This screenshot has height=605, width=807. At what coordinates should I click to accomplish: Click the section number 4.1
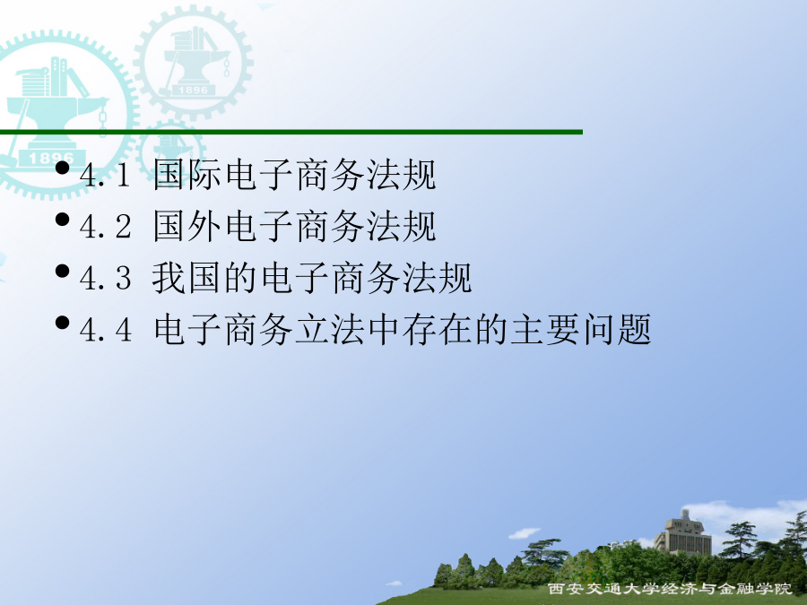[105, 176]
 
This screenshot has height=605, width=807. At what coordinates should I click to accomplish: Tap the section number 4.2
[105, 227]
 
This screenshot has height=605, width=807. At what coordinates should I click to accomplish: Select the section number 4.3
[105, 278]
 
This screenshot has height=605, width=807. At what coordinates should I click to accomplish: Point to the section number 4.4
[105, 329]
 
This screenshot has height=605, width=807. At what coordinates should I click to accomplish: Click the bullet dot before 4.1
[62, 168]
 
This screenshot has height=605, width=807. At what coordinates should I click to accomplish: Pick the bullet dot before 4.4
[62, 323]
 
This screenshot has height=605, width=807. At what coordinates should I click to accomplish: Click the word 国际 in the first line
[187, 175]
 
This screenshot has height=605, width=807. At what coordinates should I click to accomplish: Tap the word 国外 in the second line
[187, 227]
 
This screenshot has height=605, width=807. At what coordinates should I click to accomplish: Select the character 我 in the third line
[169, 278]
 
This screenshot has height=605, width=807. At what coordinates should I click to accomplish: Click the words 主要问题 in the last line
[581, 329]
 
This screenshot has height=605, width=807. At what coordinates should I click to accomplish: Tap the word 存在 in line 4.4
[438, 329]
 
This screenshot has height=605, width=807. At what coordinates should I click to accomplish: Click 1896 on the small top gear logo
[193, 90]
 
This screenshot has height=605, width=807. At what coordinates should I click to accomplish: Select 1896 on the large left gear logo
[51, 158]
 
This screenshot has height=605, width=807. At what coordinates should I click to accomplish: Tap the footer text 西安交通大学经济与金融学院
[670, 589]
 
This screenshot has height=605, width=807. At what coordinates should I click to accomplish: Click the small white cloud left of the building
[524, 533]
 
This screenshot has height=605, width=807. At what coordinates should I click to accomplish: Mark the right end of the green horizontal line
[582, 133]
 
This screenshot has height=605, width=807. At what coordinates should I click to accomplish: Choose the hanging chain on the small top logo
[227, 67]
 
